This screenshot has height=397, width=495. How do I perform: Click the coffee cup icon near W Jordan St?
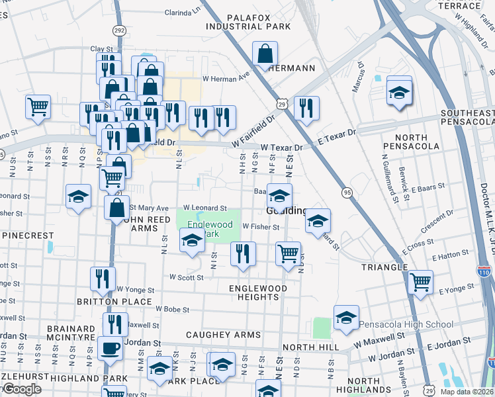110,347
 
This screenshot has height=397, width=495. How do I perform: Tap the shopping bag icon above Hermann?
265,54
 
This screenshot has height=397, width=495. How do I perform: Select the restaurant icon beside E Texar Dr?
306,109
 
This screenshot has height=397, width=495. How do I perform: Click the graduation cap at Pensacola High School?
346,318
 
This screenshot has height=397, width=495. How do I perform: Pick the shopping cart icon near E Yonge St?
421,282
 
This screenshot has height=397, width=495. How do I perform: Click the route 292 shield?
119,30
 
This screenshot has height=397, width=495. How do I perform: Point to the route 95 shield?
347,192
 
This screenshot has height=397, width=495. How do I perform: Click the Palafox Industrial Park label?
248,22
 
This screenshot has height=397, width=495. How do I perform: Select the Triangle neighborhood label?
384,267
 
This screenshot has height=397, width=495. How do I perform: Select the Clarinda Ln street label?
182,13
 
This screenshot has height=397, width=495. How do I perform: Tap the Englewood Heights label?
258,292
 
